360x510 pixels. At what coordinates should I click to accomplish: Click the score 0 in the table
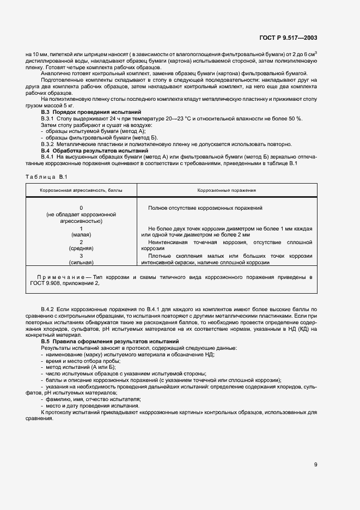pos(81,208)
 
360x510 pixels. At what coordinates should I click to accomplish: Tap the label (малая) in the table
pos(81,235)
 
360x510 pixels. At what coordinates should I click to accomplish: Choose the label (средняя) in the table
pos(81,248)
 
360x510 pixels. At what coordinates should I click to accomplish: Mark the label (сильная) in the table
pos(81,262)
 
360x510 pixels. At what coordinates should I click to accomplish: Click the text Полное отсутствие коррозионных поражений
pos(205,208)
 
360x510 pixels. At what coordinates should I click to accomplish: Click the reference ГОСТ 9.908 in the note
pos(47,283)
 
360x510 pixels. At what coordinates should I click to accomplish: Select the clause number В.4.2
pos(50,309)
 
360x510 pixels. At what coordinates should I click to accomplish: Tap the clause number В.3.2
pos(50,144)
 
